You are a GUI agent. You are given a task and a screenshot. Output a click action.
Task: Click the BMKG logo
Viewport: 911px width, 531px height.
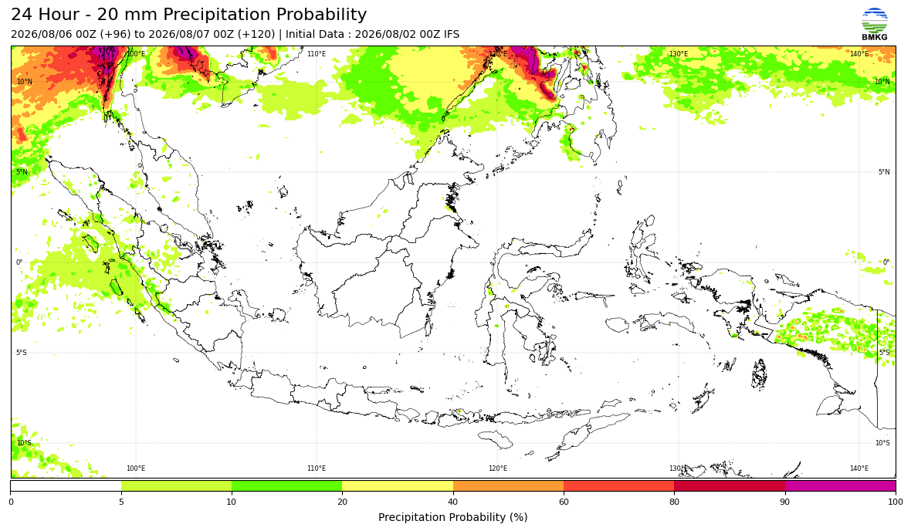click(875, 24)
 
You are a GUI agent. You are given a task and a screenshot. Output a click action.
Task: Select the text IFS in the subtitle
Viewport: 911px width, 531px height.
click(452, 34)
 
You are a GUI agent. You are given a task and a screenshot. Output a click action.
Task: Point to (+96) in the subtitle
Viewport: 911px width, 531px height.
click(116, 34)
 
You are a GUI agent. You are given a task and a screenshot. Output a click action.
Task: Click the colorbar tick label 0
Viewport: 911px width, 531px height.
click(11, 502)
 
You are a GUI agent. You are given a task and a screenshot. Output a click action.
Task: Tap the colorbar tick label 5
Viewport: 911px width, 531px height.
click(121, 502)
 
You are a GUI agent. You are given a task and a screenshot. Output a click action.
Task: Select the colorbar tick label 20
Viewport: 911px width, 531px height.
click(342, 502)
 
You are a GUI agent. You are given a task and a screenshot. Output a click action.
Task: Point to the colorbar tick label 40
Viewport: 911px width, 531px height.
click(453, 502)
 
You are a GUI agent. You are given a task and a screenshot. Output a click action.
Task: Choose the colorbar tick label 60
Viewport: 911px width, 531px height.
click(564, 502)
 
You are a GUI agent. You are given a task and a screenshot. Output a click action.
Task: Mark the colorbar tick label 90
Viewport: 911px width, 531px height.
click(785, 502)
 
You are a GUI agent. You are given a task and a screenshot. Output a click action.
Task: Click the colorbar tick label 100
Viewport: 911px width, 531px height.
click(896, 502)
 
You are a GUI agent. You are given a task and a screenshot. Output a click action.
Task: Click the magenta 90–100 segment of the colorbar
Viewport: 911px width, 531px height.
click(840, 485)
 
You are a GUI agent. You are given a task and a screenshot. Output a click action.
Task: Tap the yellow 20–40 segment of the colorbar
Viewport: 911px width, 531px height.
click(398, 485)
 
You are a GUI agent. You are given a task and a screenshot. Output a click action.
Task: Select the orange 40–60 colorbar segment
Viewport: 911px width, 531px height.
click(508, 485)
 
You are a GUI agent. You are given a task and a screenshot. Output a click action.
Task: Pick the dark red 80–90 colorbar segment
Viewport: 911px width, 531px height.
click(730, 485)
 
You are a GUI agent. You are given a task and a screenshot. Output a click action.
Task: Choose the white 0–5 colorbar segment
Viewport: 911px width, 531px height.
click(66, 485)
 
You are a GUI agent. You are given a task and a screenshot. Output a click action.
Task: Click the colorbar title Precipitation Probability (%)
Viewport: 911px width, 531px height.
click(452, 517)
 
